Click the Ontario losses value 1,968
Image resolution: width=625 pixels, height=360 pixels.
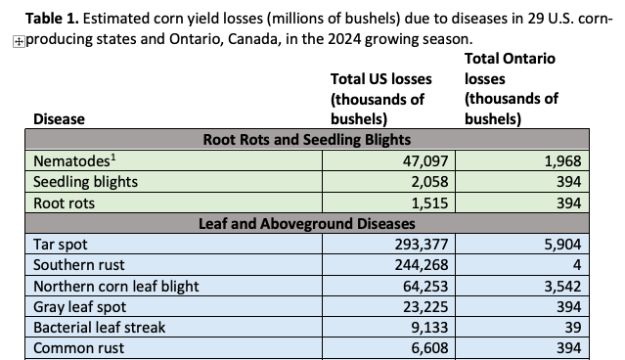pos(562,160)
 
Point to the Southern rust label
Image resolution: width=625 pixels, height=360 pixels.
pos(80,266)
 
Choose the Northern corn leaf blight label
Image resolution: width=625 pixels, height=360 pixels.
pos(116,287)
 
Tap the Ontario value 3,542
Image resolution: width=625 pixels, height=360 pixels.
pos(562,287)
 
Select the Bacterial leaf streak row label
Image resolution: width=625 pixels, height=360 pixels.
pos(100,328)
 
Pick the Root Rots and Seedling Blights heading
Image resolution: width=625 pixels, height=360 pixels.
pos(305,139)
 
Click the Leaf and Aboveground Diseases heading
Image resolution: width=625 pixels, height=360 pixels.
pos(305,224)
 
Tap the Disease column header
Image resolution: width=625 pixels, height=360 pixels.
pos(59,118)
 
